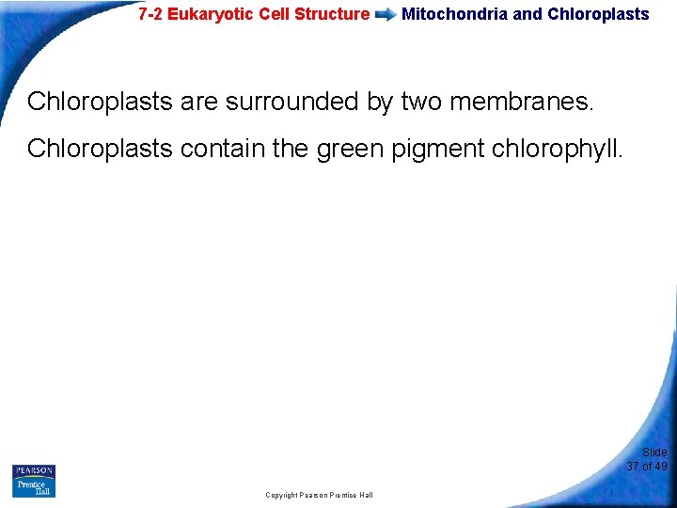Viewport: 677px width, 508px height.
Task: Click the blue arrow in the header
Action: (x=386, y=15)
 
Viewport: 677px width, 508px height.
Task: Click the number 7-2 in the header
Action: (x=150, y=14)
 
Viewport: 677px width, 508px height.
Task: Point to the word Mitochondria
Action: (x=455, y=14)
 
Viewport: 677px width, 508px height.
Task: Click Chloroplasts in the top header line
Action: (x=598, y=14)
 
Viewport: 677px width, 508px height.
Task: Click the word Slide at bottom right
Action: (x=654, y=452)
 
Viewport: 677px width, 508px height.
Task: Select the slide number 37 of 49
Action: (x=647, y=467)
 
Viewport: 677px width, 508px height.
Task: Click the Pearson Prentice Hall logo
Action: (x=34, y=480)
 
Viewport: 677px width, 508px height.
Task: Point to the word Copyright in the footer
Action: (x=280, y=495)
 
